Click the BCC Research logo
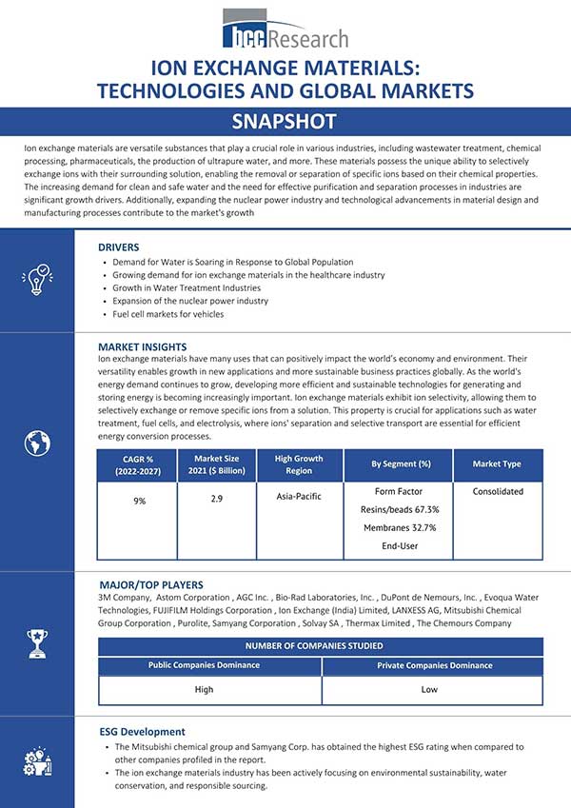(x=285, y=31)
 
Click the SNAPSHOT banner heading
(x=285, y=122)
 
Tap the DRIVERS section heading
(x=119, y=246)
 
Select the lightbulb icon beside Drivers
(x=37, y=280)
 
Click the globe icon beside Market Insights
(x=37, y=443)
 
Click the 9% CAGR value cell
(x=139, y=501)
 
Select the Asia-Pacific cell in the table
(x=298, y=496)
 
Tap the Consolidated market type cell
(x=498, y=492)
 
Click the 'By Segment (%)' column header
(x=401, y=464)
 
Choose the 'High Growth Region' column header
(x=298, y=464)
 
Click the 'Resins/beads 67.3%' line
(x=401, y=510)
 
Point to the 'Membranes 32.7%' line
(x=401, y=528)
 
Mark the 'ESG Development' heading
(x=143, y=732)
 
